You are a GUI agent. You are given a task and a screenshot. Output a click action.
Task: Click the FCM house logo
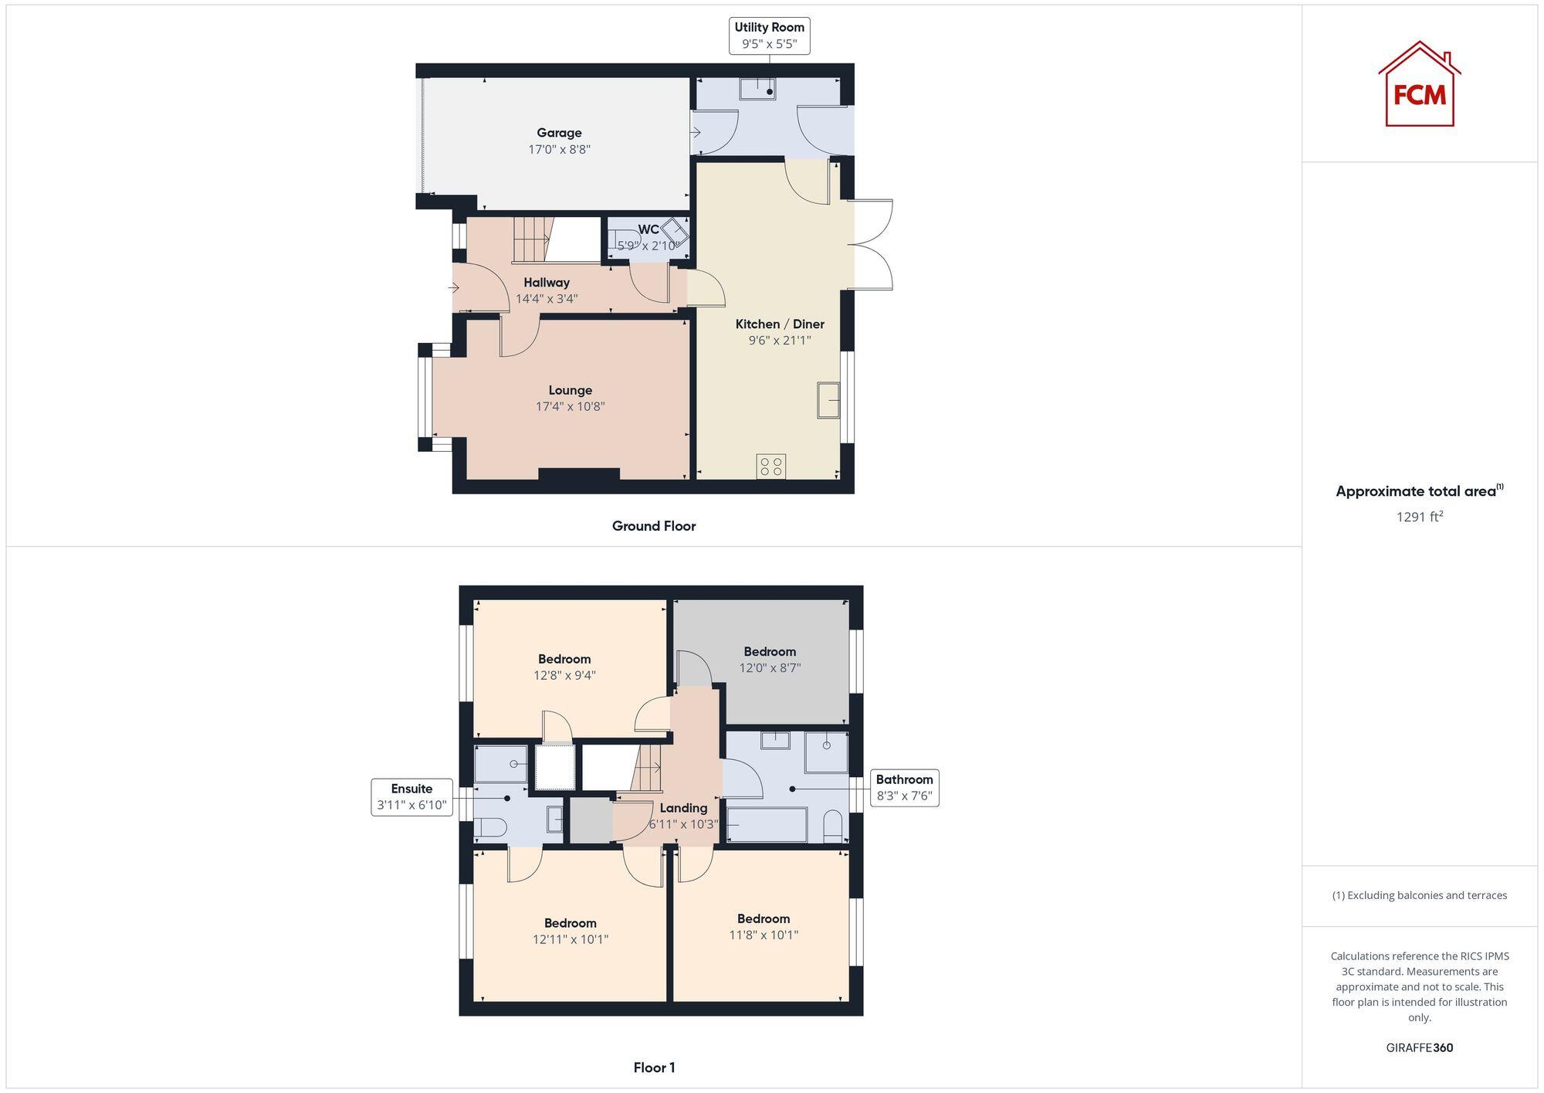[1419, 85]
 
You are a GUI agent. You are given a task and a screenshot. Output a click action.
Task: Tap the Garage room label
[559, 133]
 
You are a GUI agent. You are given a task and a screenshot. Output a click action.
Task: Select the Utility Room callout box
[769, 36]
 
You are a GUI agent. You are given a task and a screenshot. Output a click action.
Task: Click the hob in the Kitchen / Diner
[771, 466]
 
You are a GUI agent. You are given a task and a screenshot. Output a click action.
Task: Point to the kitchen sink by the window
[828, 400]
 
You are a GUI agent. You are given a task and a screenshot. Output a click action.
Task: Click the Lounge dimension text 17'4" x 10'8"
[570, 406]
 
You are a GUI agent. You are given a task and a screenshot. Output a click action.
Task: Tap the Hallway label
[547, 283]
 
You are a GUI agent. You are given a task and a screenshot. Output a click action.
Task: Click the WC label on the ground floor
[648, 229]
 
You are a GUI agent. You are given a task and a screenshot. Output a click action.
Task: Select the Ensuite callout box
[411, 797]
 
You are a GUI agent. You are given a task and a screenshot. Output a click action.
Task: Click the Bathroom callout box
[904, 788]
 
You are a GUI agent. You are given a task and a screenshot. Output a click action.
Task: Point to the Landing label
[683, 808]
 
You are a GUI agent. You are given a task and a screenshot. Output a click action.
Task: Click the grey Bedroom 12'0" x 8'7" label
[770, 652]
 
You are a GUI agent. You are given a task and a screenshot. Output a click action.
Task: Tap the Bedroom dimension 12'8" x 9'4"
[564, 675]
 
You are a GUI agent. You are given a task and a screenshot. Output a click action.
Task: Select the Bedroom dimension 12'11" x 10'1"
[571, 939]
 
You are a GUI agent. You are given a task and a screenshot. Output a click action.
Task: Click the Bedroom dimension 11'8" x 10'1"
[764, 935]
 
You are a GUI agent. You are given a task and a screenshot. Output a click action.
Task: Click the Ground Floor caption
[654, 526]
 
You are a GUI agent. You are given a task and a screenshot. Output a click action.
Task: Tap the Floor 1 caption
[654, 1068]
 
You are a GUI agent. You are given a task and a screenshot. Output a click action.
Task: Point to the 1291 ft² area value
[1419, 517]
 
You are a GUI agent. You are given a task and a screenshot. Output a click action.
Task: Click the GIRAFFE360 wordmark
[1419, 1047]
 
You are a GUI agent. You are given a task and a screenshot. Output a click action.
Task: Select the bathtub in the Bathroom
[767, 825]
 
